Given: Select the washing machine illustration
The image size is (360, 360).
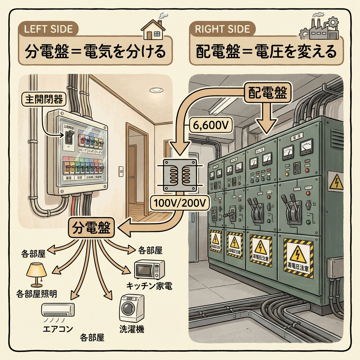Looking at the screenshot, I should (132, 308).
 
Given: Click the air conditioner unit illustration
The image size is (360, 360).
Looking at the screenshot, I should (58, 310).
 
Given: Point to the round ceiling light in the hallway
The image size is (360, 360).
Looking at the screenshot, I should (156, 90).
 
